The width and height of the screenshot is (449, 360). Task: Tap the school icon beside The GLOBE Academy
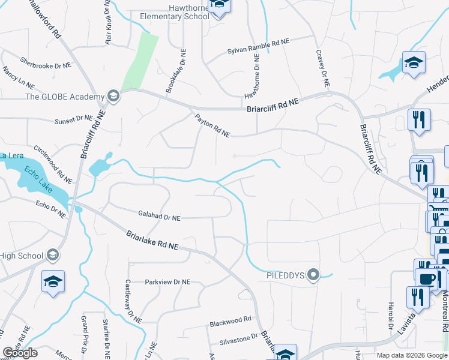(112, 96)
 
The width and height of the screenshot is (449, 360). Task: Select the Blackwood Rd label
(230, 323)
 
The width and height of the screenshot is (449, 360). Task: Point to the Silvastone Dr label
(237, 338)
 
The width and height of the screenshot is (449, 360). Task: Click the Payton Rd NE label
(211, 126)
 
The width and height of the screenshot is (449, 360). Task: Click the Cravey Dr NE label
(323, 70)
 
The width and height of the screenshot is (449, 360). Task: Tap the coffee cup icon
(426, 279)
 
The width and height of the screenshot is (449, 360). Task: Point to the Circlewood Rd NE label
(53, 164)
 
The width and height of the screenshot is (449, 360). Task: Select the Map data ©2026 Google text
(411, 355)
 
